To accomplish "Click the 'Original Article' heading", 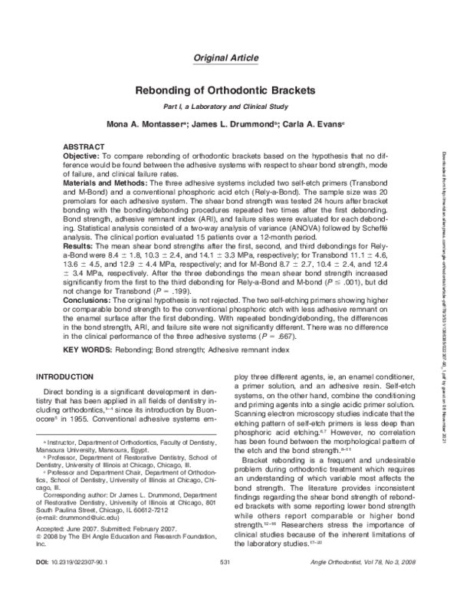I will (228, 58).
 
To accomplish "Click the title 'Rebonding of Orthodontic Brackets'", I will (229, 90).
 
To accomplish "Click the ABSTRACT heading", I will (84, 146).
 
